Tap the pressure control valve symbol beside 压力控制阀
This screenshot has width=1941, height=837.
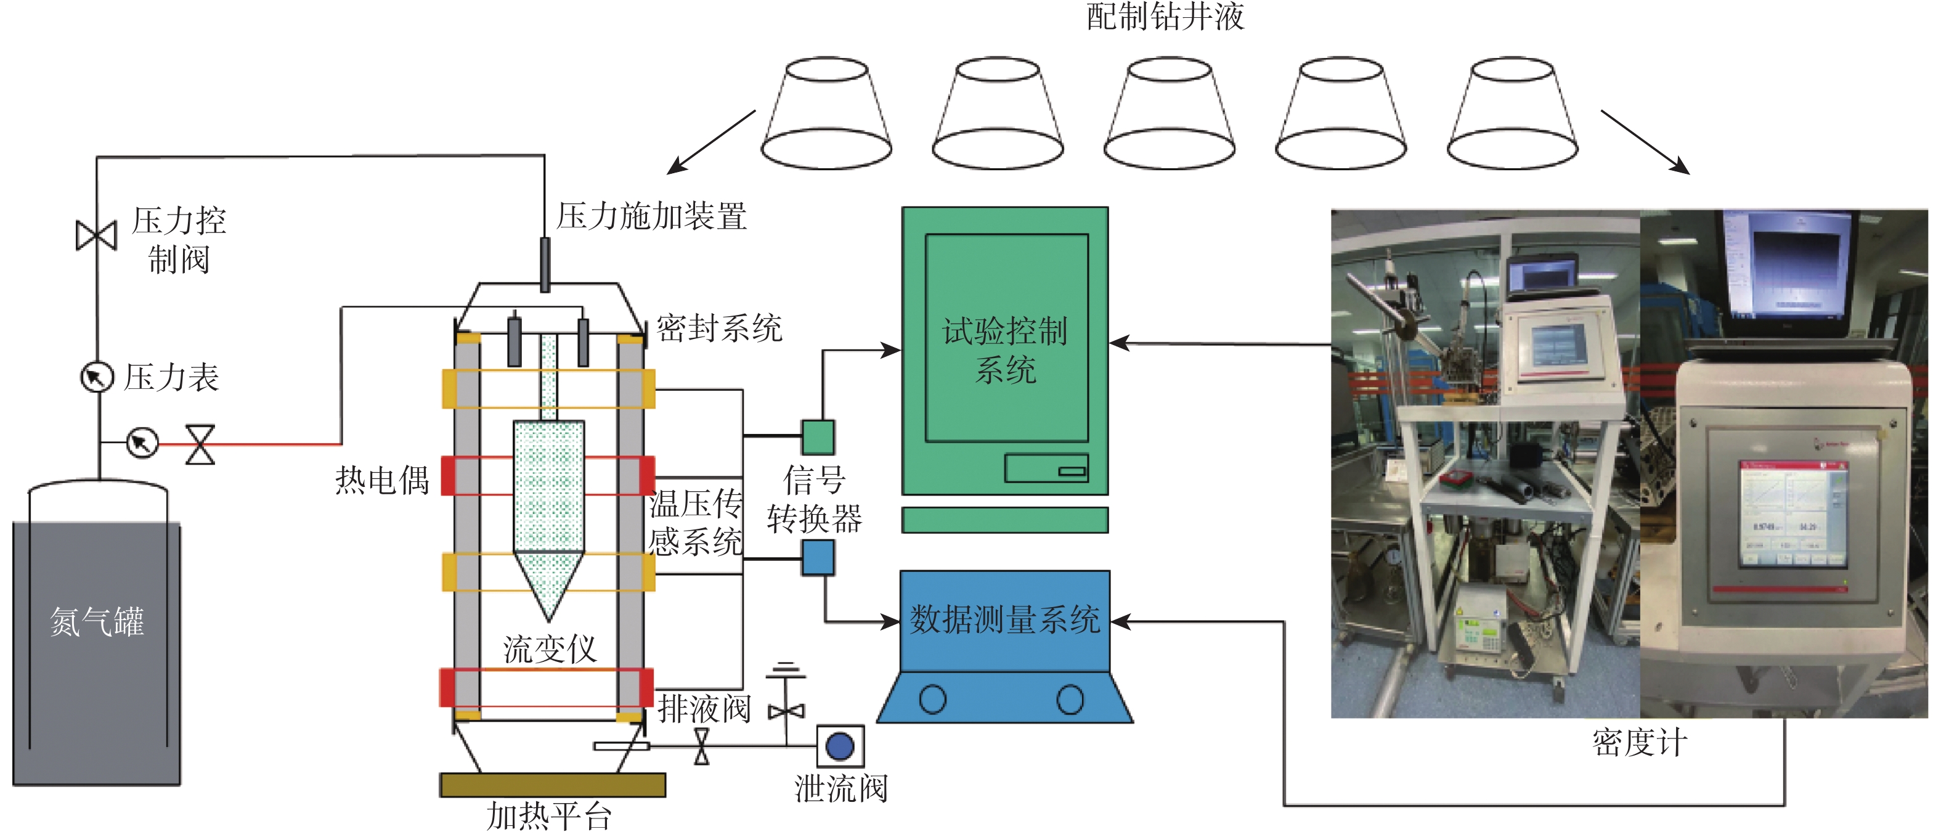(97, 235)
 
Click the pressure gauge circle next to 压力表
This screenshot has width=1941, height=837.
(97, 377)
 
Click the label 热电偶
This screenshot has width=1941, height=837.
(382, 479)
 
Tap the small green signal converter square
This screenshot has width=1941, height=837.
(818, 437)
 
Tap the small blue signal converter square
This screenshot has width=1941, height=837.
(818, 558)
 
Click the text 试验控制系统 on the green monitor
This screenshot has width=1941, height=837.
(1005, 349)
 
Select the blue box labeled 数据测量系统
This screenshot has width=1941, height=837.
(1004, 620)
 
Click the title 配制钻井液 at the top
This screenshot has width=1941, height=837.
(1165, 17)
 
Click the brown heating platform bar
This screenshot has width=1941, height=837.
(552, 784)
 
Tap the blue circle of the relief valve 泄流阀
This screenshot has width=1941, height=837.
(840, 746)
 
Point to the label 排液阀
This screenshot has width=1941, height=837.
(704, 709)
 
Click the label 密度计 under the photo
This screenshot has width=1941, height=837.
(1639, 743)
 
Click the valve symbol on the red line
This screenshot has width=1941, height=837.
(200, 444)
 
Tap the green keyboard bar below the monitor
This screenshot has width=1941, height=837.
(1004, 520)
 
